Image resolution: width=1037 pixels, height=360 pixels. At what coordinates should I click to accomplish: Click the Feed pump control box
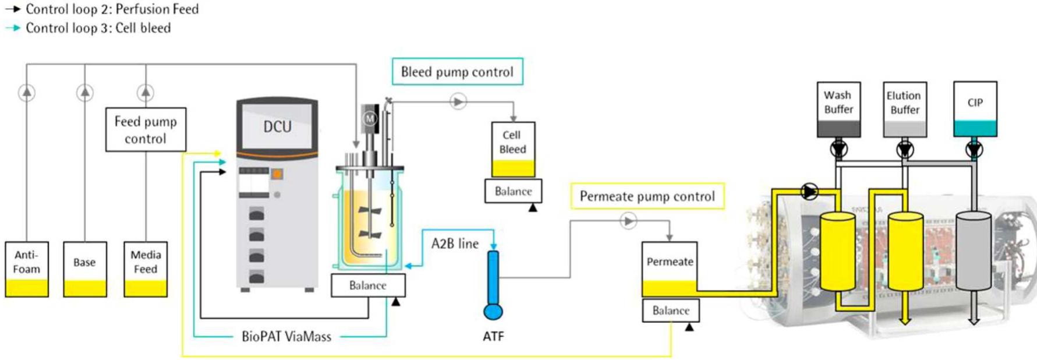(146, 129)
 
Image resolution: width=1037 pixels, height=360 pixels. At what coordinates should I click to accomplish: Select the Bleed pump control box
(457, 72)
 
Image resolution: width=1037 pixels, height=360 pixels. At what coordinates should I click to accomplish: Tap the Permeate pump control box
(647, 196)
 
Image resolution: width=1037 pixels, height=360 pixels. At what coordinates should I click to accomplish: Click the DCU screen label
(277, 126)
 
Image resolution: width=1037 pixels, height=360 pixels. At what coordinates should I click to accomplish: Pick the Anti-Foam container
(27, 269)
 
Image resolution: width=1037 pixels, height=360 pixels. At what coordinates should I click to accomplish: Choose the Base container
(85, 269)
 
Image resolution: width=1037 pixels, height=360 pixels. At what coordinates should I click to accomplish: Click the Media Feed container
(146, 269)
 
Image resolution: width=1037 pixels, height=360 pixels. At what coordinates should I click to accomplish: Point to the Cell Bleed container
(512, 149)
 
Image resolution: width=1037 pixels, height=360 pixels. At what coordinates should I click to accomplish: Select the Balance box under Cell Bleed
(513, 191)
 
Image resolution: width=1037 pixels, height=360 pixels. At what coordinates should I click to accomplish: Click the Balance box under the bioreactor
(367, 285)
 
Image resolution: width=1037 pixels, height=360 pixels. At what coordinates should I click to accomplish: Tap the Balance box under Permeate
(671, 310)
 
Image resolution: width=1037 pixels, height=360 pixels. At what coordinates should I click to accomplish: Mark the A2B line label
(455, 243)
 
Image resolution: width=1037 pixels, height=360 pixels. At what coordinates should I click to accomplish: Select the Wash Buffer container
(838, 109)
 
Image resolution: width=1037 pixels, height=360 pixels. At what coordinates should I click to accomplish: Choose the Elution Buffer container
(904, 109)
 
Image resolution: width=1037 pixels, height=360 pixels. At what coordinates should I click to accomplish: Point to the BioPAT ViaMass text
(286, 337)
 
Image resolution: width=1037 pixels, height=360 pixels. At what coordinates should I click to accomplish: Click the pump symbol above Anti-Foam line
(27, 92)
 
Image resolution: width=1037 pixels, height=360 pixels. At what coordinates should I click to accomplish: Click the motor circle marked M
(369, 119)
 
